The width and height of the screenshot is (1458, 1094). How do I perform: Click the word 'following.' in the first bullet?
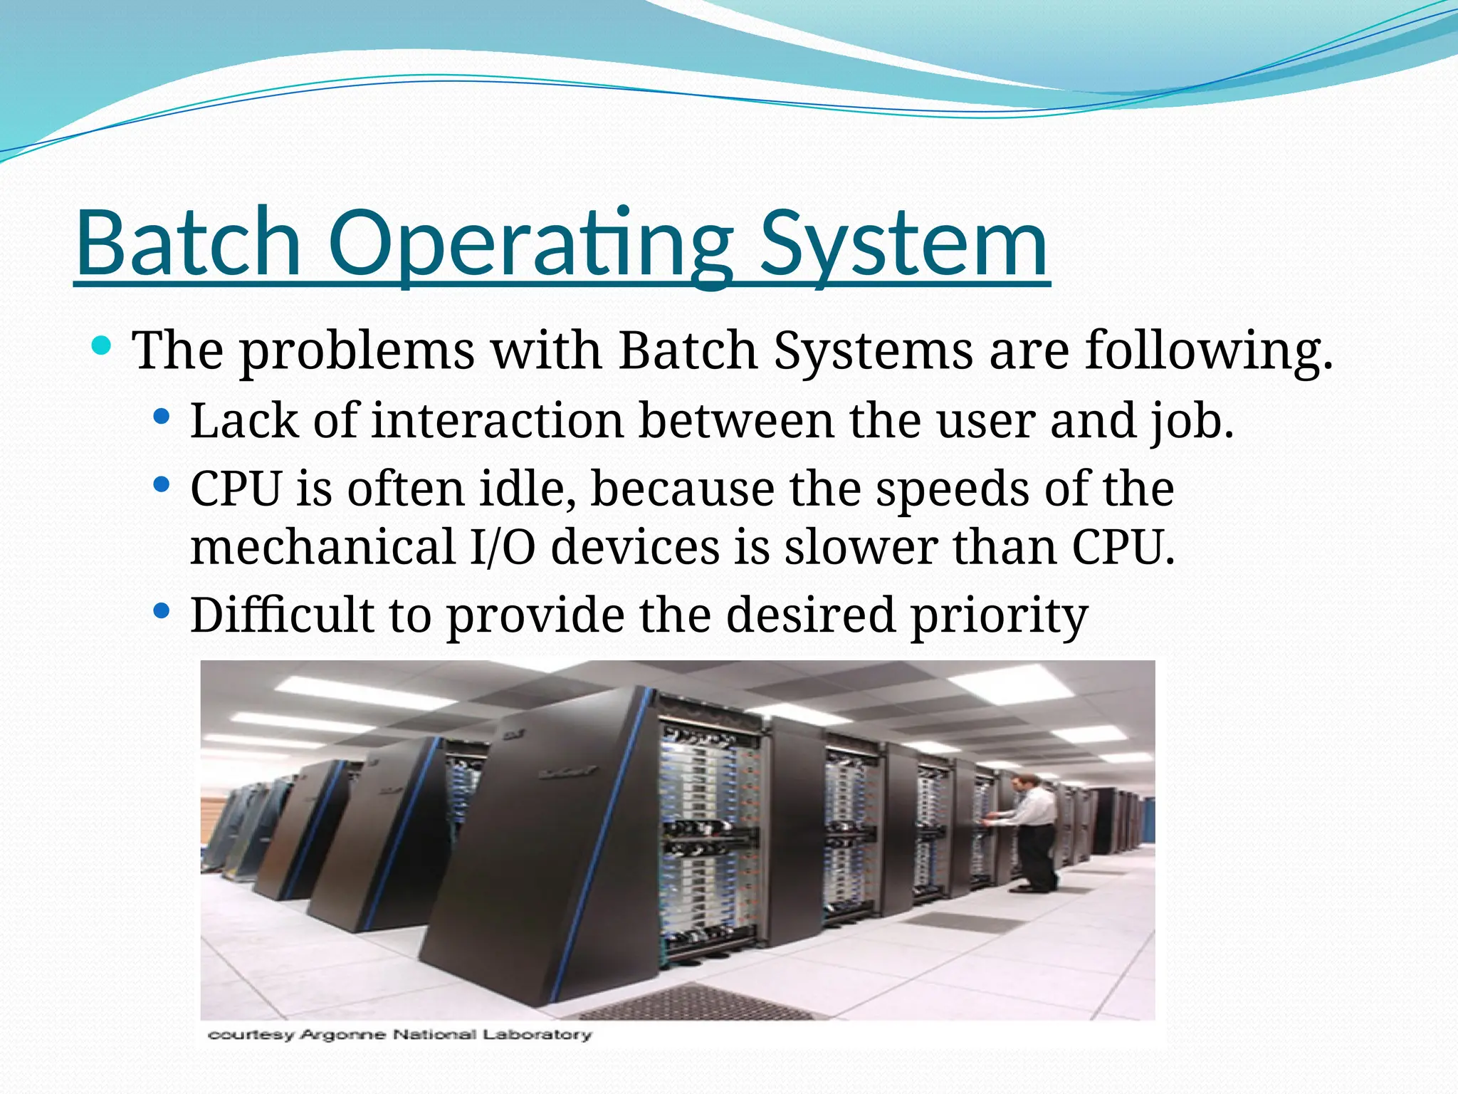click(x=1208, y=350)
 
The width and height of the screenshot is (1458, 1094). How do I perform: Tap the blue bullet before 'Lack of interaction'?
click(x=162, y=416)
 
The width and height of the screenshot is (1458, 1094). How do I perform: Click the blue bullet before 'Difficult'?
click(x=162, y=610)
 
